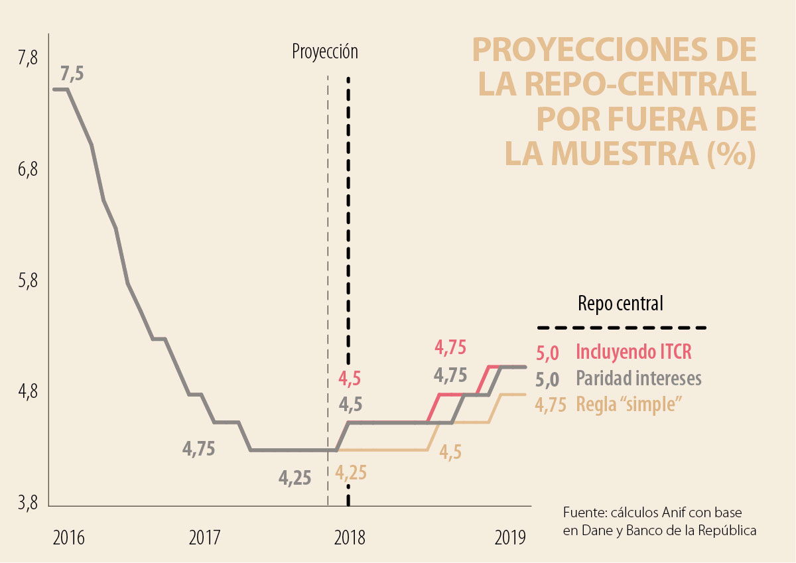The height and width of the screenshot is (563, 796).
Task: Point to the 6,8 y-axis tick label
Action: click(x=29, y=170)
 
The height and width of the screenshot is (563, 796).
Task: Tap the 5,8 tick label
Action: click(x=29, y=281)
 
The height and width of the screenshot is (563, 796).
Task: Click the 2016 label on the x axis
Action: click(x=68, y=536)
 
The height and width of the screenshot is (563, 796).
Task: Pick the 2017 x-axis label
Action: click(x=204, y=536)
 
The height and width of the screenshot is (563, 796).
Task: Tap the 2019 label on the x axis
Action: click(x=510, y=536)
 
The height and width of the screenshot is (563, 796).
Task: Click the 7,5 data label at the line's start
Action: click(x=72, y=73)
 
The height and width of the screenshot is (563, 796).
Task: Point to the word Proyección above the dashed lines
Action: click(x=325, y=52)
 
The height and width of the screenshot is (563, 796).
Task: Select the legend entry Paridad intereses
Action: click(x=639, y=378)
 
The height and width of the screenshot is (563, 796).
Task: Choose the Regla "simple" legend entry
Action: click(x=630, y=403)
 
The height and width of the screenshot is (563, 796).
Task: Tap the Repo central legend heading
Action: click(x=620, y=304)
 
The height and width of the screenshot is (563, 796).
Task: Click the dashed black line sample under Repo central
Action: click(x=622, y=328)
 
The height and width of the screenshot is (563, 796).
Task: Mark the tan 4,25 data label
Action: click(x=351, y=473)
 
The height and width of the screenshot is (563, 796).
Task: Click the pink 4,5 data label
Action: click(x=350, y=379)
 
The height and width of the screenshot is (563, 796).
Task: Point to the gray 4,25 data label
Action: click(x=295, y=477)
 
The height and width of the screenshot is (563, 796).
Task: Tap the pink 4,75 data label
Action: click(x=450, y=347)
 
